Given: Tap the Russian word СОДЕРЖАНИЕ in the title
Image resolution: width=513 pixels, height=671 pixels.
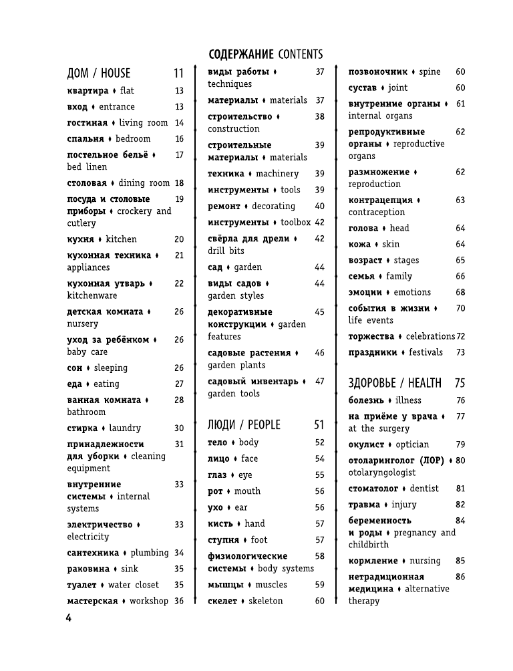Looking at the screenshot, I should pyautogui.click(x=240, y=54).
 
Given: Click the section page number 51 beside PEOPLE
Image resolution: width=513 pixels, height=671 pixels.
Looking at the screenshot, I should pyautogui.click(x=319, y=425).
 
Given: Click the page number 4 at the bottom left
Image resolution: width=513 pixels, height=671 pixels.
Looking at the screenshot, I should pyautogui.click(x=68, y=617).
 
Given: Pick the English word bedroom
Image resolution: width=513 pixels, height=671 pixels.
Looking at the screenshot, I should pyautogui.click(x=133, y=139).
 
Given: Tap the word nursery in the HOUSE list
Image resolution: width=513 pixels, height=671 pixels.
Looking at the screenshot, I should pyautogui.click(x=82, y=324).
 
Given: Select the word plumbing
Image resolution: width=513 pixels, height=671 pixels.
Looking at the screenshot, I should pyautogui.click(x=149, y=553).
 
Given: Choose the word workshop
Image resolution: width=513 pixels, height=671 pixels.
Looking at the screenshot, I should pyautogui.click(x=148, y=601).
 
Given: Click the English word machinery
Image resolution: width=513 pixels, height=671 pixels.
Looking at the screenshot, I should pyautogui.click(x=277, y=174).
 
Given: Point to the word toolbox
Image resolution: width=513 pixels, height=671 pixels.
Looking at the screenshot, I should pyautogui.click(x=296, y=223).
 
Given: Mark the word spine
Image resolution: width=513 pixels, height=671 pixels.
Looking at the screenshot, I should pyautogui.click(x=430, y=72).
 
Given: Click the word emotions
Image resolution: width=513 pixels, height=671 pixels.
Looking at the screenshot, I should pyautogui.click(x=412, y=293).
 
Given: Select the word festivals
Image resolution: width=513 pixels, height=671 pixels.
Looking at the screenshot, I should pyautogui.click(x=425, y=352).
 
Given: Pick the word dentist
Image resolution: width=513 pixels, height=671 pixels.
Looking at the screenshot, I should pyautogui.click(x=424, y=489).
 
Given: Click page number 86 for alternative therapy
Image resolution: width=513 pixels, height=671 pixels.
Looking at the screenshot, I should pyautogui.click(x=460, y=577).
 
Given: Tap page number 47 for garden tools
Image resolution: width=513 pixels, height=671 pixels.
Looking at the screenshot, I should pyautogui.click(x=319, y=382).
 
